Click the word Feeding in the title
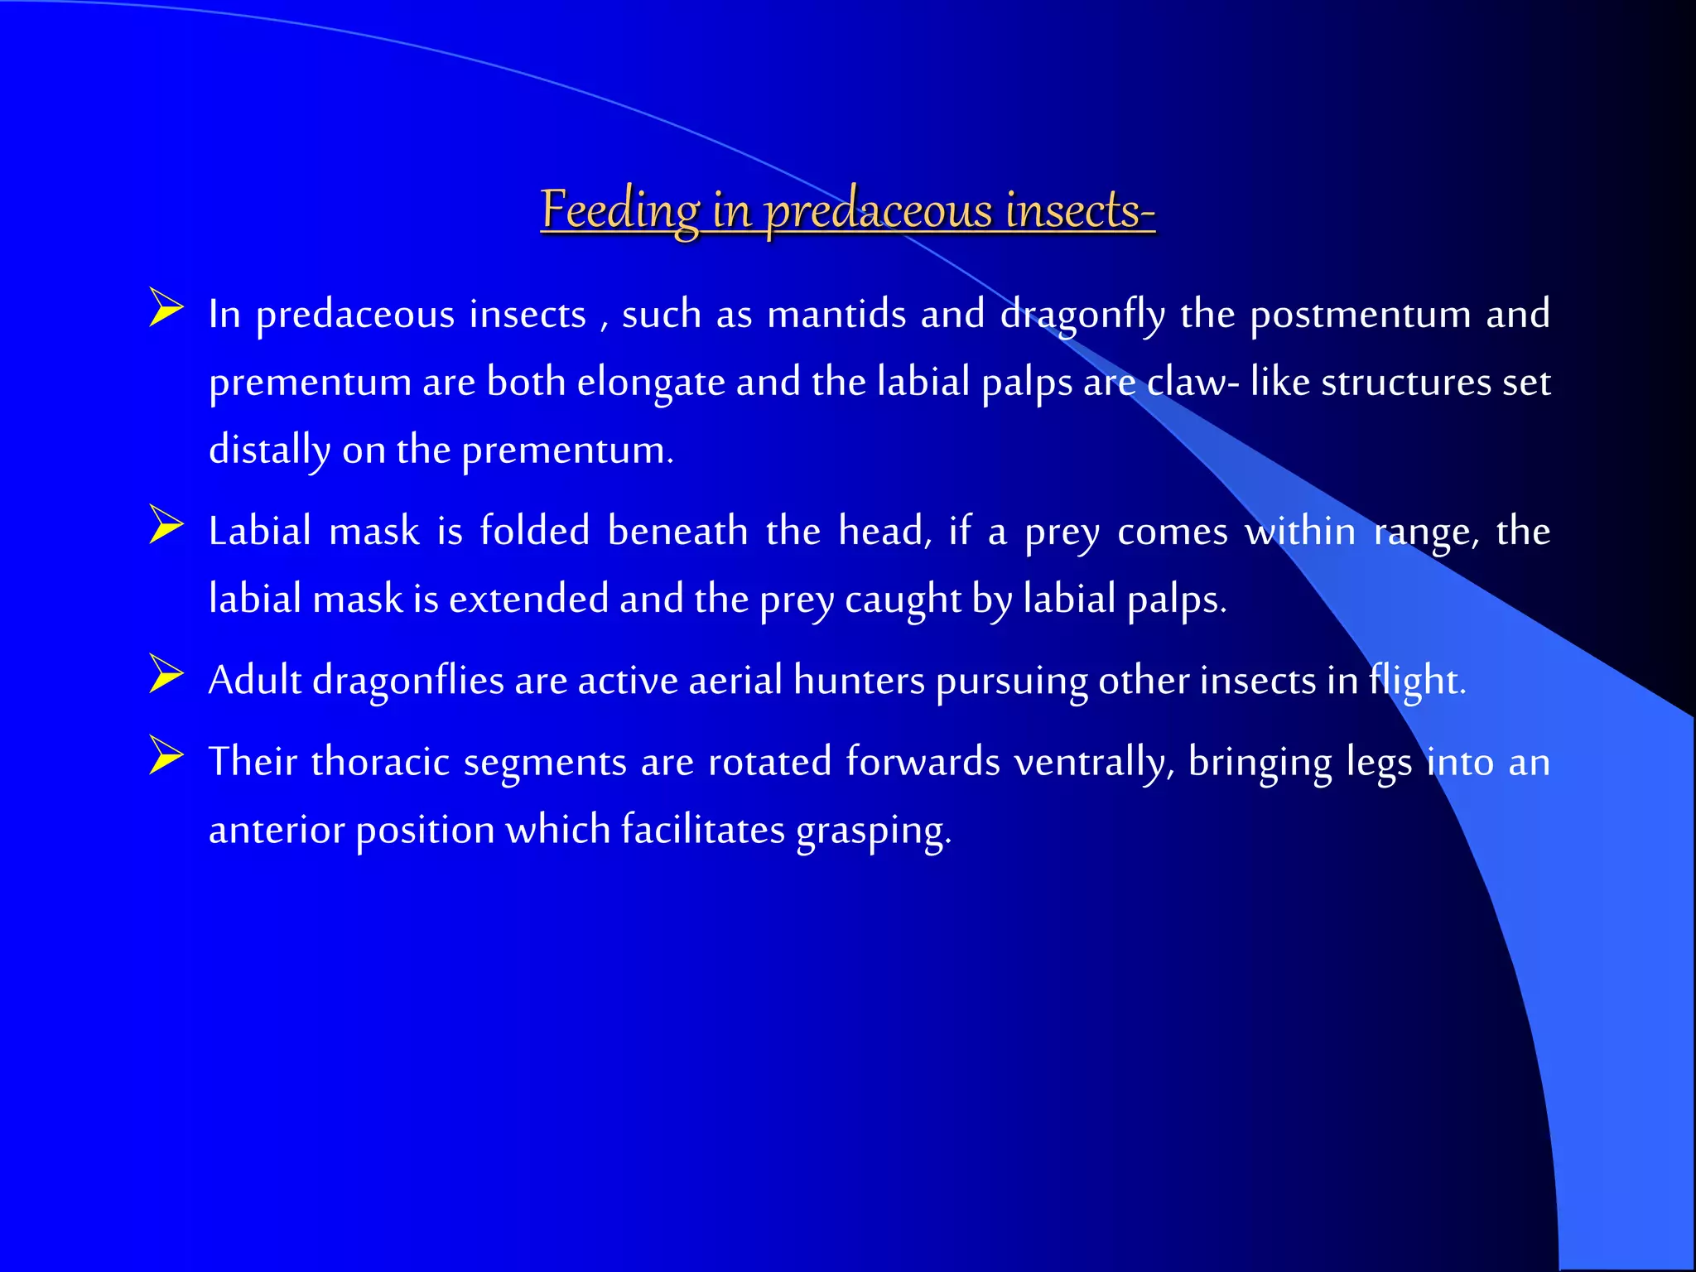point(620,210)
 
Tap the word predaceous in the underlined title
point(877,210)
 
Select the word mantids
point(836,315)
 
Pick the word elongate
point(651,383)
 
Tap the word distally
point(268,451)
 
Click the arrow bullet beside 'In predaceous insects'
point(166,307)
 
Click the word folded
point(534,531)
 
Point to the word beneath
point(677,531)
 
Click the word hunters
point(859,681)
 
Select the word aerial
point(735,681)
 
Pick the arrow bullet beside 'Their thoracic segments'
point(166,755)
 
